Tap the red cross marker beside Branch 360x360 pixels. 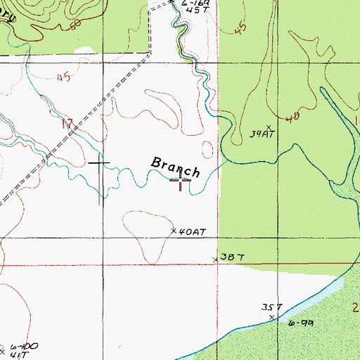tap(181, 182)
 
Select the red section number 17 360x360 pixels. tap(68, 124)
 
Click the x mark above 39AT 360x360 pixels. tap(268, 127)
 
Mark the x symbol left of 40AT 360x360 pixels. tap(174, 231)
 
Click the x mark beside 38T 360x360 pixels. tap(216, 260)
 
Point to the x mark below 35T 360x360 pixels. tap(271, 318)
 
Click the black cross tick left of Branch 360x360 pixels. tap(99, 163)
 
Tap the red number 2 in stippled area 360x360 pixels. tap(355, 307)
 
